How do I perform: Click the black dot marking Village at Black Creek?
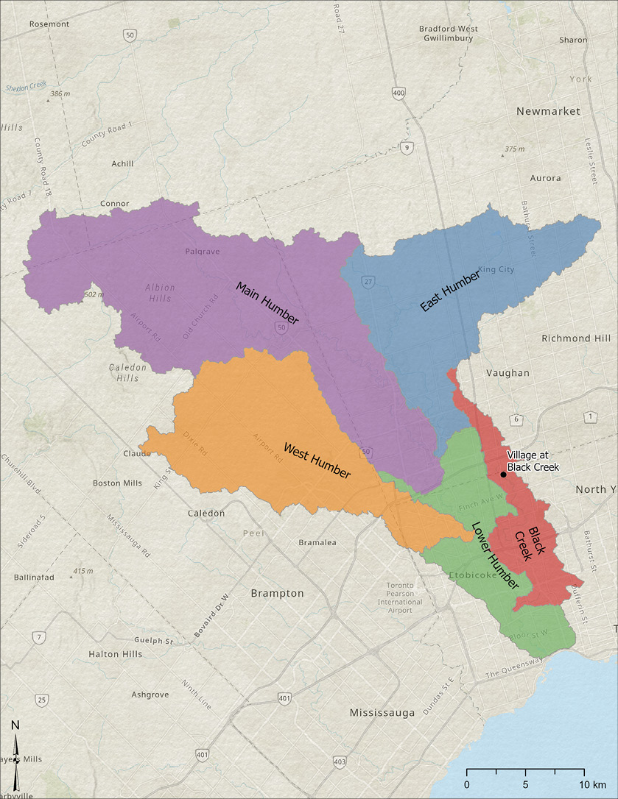503,475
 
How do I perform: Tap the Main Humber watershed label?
267,303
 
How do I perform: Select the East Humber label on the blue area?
450,291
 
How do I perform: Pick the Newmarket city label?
548,111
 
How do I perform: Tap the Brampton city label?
277,593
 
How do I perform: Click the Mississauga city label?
382,712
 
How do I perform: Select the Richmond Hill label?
576,338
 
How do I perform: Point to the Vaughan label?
508,373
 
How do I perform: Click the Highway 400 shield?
398,93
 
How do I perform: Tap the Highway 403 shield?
339,761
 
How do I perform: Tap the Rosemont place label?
49,24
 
